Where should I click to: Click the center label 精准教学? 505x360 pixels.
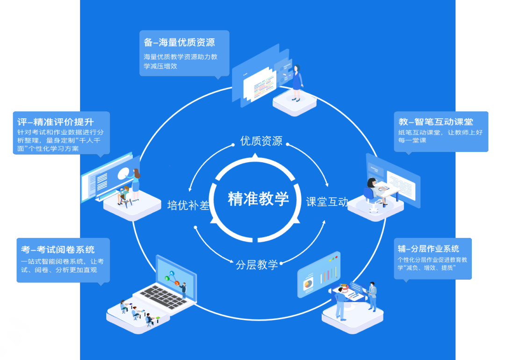click(x=258, y=199)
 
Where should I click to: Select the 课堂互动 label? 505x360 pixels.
click(x=327, y=202)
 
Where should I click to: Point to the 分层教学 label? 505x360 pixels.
click(x=257, y=265)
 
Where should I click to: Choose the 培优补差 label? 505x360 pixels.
click(x=188, y=205)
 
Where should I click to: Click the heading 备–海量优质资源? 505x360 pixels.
click(x=180, y=43)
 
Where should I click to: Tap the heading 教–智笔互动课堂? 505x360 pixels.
click(x=436, y=122)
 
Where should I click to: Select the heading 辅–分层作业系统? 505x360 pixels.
click(x=428, y=249)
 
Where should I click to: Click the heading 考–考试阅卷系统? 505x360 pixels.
click(x=58, y=249)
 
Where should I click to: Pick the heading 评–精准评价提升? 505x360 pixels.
click(x=55, y=122)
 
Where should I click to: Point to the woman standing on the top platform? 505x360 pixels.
click(x=296, y=83)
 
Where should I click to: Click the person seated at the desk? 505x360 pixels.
click(x=374, y=189)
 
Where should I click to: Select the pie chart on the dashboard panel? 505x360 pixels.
click(x=308, y=283)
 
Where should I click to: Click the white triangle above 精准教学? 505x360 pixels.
click(x=255, y=155)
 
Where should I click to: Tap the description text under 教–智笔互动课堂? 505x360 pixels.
click(x=440, y=137)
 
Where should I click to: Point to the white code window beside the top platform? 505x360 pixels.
click(x=259, y=85)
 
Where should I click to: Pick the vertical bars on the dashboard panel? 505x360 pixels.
click(x=328, y=274)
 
